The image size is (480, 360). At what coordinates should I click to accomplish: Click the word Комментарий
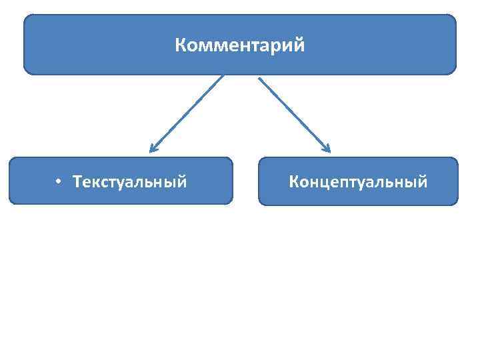[x=240, y=46]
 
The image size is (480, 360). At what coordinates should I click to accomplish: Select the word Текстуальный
[x=130, y=181]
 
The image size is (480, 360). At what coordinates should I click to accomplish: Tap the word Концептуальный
[x=358, y=181]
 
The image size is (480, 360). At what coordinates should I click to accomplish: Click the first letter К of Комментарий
[x=181, y=46]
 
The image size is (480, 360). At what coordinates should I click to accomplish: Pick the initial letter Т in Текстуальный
[x=78, y=181]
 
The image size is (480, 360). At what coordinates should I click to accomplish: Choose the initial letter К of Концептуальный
[x=294, y=181]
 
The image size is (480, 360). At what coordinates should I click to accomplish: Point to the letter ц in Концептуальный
[x=326, y=182]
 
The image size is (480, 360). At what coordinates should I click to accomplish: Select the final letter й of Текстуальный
[x=181, y=181]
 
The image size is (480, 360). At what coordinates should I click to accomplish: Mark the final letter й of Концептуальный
[x=422, y=181]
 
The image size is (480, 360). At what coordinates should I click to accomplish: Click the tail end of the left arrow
[x=223, y=76]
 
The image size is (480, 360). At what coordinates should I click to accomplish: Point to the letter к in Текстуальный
[x=97, y=182]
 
